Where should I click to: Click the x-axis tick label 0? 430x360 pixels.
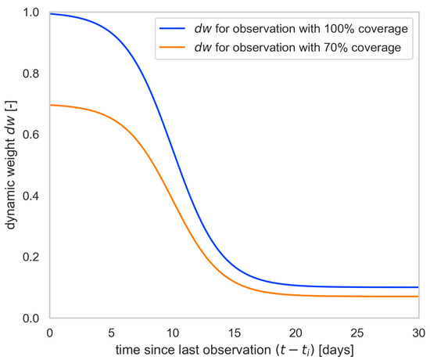(x=49, y=331)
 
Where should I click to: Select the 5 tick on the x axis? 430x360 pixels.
(x=111, y=331)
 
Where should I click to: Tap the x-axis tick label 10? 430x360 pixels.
(x=173, y=331)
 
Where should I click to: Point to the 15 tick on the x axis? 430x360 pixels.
(x=235, y=331)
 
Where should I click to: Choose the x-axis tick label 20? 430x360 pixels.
(x=297, y=331)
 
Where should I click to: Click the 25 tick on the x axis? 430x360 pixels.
(x=359, y=331)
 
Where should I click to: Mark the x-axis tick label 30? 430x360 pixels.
(x=420, y=331)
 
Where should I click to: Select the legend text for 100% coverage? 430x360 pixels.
(x=302, y=29)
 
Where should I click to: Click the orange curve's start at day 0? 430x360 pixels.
(x=50, y=105)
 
